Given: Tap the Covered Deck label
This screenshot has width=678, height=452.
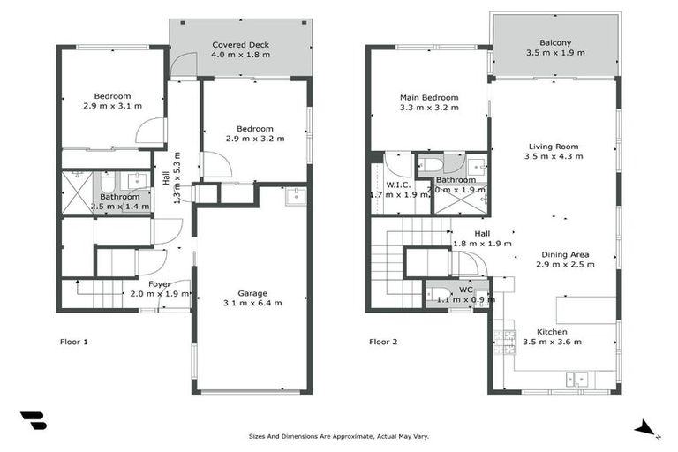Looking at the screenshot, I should pyautogui.click(x=240, y=44).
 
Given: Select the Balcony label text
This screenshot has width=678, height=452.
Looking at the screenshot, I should pyautogui.click(x=555, y=42).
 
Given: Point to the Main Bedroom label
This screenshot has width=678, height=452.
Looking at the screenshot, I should pyautogui.click(x=429, y=97).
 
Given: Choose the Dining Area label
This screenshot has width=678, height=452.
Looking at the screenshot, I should pyautogui.click(x=565, y=254).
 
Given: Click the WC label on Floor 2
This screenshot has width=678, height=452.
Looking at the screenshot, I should pyautogui.click(x=465, y=290).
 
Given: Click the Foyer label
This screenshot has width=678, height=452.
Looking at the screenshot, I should pyautogui.click(x=159, y=283).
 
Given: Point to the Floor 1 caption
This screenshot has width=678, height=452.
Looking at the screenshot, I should pyautogui.click(x=73, y=342).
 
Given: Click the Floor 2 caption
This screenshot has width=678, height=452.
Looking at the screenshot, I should pyautogui.click(x=383, y=342).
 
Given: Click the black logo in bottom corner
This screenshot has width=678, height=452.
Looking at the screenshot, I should pyautogui.click(x=33, y=420).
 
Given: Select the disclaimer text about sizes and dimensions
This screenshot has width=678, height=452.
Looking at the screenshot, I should pyautogui.click(x=339, y=436).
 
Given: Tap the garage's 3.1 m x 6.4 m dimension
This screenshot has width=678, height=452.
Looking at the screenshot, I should pyautogui.click(x=253, y=303).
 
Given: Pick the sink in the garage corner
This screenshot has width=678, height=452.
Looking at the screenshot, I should pyautogui.click(x=295, y=196).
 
